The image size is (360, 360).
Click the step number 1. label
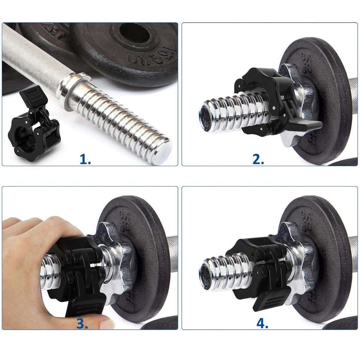[x=85, y=160]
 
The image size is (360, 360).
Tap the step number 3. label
[x=82, y=323]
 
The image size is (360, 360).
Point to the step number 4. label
[x=262, y=323]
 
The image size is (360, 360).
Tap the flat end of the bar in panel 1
[x=162, y=151]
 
